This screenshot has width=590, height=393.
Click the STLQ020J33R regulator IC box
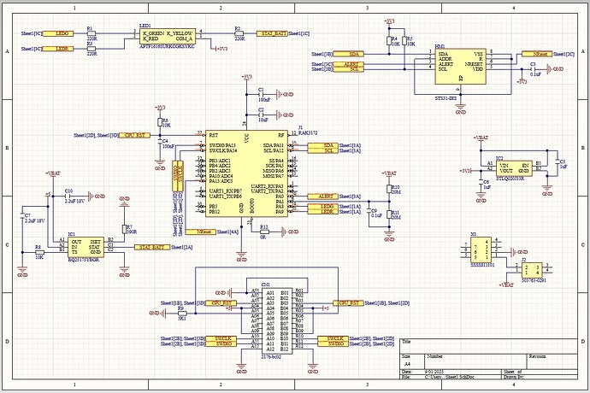(514, 168)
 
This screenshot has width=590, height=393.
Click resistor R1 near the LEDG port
(91, 32)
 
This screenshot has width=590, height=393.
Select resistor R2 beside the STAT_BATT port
(239, 32)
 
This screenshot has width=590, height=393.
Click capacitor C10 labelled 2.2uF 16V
(54, 196)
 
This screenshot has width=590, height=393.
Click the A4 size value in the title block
(408, 362)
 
